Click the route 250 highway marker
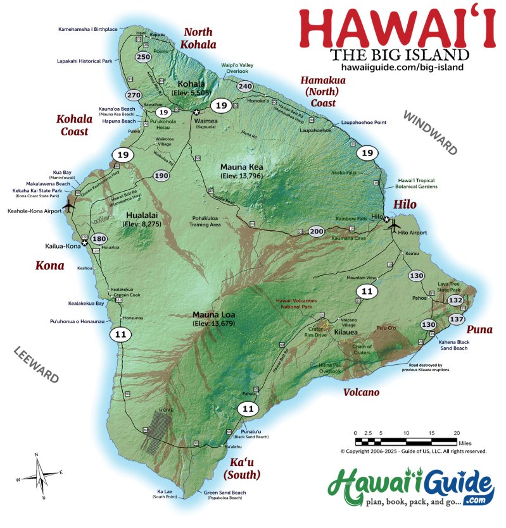pos(143,57)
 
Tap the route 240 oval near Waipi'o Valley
pos(245,87)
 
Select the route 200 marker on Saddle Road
pos(316,231)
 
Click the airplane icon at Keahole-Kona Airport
pos(69,206)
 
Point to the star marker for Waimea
pos(196,112)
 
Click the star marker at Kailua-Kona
pos(84,242)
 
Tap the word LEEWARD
pos(37,365)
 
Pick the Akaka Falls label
pos(344,172)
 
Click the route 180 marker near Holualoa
pos(99,239)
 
